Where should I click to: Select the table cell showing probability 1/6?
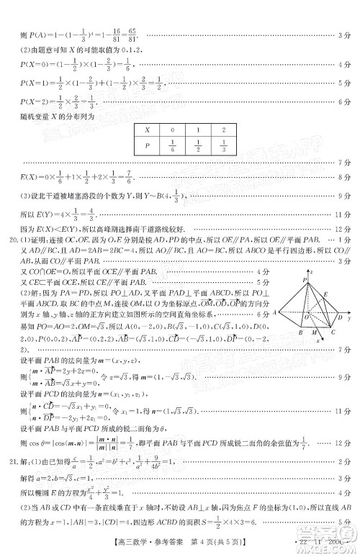[x=173, y=149]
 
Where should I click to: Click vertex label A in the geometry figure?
[x=275, y=314]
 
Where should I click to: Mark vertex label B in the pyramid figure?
[x=299, y=334]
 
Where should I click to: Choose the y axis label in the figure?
[x=349, y=317]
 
